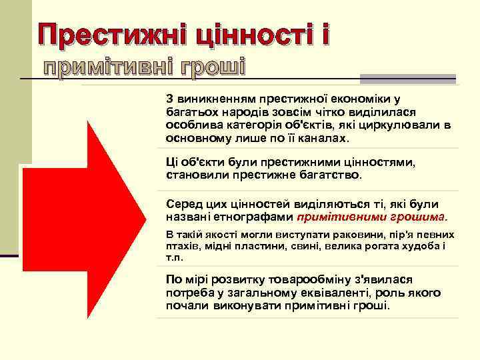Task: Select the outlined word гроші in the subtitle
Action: (208, 67)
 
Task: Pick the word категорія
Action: (247, 125)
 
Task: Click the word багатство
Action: (327, 175)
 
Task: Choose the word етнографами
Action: (256, 217)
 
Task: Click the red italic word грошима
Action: (418, 217)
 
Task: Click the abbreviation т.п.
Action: (174, 257)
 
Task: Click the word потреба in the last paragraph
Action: (188, 293)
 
